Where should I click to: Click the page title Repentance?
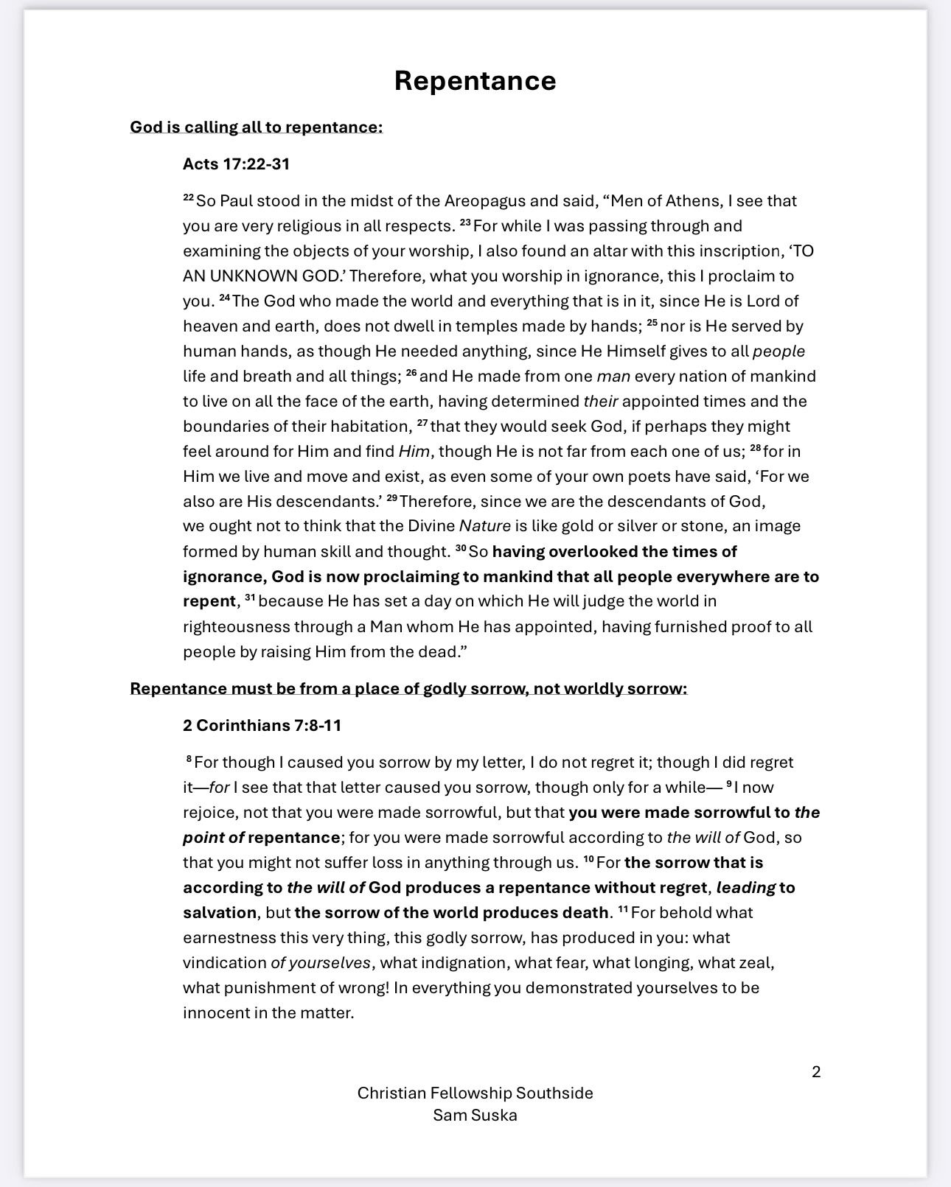[x=475, y=80]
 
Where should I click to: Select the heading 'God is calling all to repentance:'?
[x=256, y=127]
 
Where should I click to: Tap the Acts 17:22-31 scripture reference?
[x=236, y=164]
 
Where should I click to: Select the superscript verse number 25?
[x=652, y=323]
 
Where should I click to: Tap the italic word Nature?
[x=484, y=526]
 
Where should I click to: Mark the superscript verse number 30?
[x=461, y=548]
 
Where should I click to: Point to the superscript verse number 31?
[x=249, y=598]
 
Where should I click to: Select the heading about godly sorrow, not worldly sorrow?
[x=408, y=688]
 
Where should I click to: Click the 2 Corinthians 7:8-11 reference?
[x=262, y=725]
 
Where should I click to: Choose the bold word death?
[x=582, y=912]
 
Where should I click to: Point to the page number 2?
[x=816, y=1071]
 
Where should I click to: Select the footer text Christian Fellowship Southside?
[x=475, y=1093]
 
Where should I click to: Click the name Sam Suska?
[x=475, y=1115]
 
